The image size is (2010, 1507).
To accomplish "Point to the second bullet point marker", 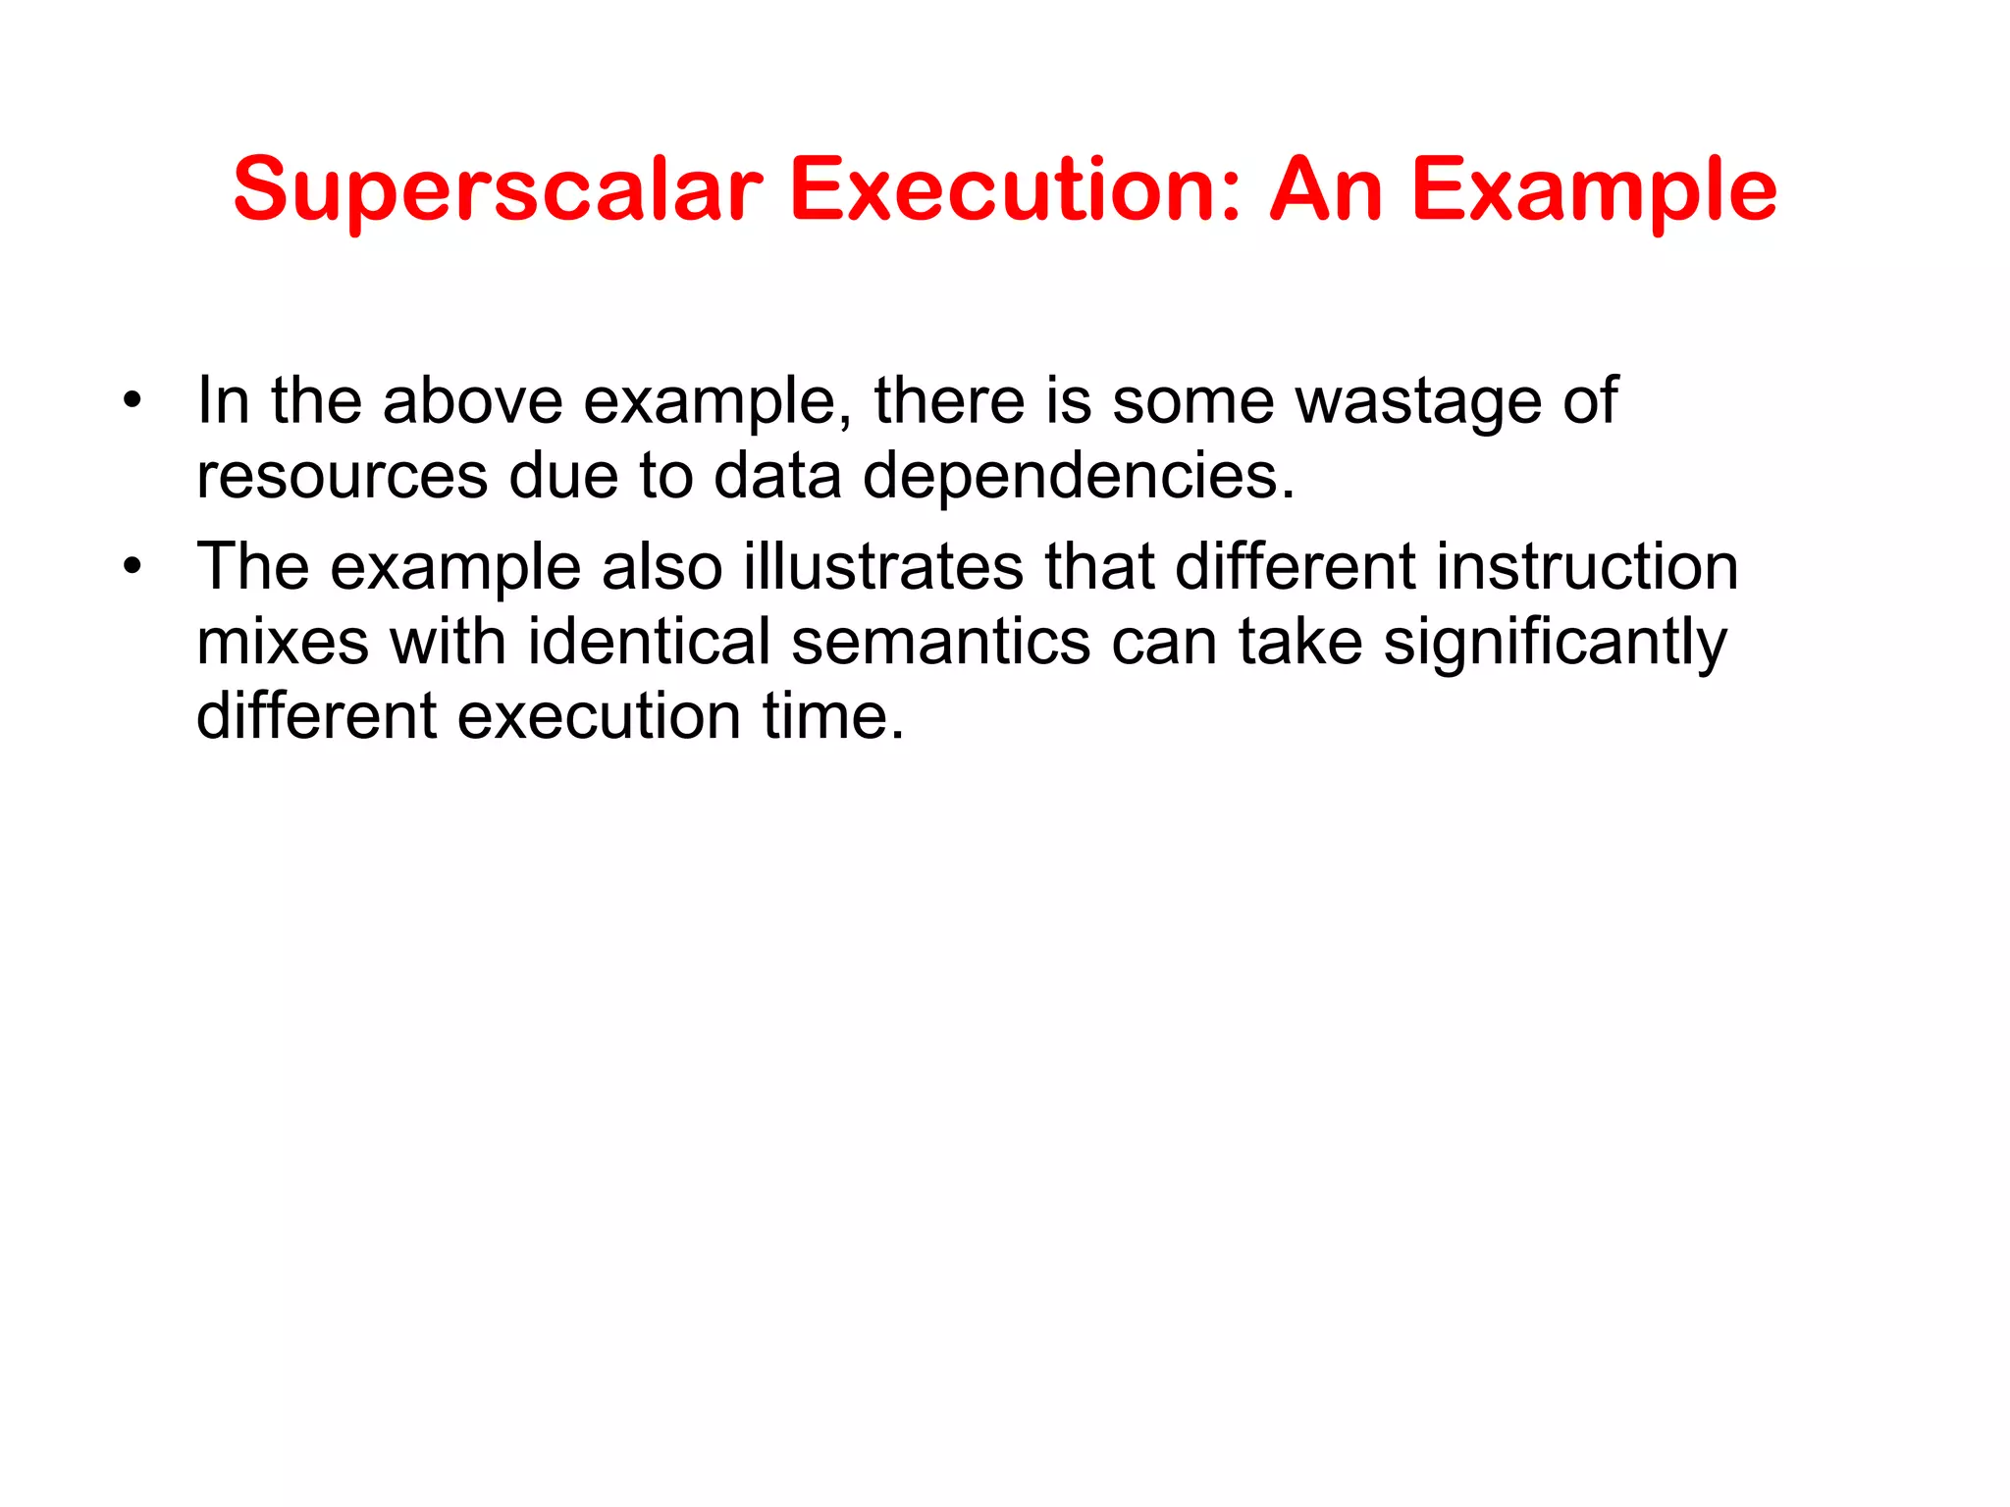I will click(133, 566).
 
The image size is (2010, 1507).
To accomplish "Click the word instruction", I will click(1587, 566).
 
